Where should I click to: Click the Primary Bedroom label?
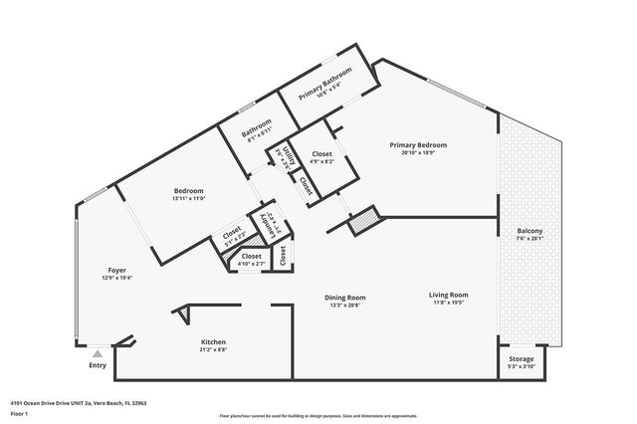[x=417, y=145]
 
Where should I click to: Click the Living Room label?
[x=448, y=295]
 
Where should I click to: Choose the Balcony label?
[x=530, y=231]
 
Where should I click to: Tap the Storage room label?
[x=522, y=358]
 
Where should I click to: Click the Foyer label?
[x=117, y=270]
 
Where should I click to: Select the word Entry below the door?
[x=98, y=365]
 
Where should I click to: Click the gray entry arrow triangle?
[x=97, y=353]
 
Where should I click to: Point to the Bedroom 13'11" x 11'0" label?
[x=189, y=191]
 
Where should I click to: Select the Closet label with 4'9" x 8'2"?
[x=321, y=154]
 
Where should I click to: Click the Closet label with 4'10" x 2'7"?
[x=251, y=256]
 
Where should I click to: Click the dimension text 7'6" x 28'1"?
[x=530, y=239]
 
